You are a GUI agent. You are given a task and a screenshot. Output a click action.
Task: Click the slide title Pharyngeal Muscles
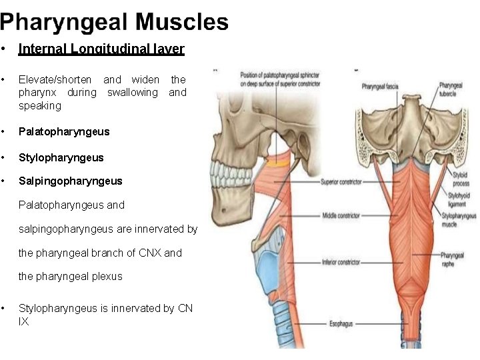(114, 22)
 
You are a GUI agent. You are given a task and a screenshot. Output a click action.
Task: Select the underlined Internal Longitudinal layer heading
(101, 49)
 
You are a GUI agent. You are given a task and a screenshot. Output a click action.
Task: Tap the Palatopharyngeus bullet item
(64, 131)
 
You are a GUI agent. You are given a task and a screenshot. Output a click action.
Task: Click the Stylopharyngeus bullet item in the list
(61, 157)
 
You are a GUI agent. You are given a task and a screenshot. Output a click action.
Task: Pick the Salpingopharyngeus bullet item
(71, 181)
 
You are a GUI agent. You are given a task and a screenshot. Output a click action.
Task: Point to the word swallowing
(133, 93)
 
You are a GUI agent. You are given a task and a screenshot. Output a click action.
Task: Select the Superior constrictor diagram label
(340, 181)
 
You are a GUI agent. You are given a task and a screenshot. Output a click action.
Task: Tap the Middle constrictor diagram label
(341, 215)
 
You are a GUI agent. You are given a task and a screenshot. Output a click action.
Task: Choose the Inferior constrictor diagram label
(341, 261)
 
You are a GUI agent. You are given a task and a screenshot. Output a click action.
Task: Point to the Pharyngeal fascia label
(381, 87)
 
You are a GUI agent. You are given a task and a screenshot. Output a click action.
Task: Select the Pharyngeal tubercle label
(451, 89)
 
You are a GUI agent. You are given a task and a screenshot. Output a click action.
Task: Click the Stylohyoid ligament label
(459, 199)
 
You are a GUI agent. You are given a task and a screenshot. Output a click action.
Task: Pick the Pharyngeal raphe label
(452, 259)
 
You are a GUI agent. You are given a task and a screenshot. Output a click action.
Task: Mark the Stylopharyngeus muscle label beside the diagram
(459, 220)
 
